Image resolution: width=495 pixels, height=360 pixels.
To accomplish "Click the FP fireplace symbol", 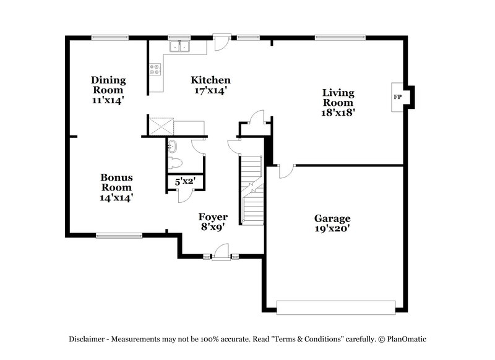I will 398,97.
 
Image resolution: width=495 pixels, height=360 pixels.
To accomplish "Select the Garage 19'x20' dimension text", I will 332,229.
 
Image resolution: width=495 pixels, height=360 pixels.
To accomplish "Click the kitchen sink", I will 180,46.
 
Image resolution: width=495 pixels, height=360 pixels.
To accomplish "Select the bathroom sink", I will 173,147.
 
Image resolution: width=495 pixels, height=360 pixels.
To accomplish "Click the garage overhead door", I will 335,307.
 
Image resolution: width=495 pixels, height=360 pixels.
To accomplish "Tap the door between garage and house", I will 285,171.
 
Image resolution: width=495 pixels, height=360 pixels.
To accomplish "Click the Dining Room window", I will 110,37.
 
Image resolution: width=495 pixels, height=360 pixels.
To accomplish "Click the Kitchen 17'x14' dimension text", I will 210,90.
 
